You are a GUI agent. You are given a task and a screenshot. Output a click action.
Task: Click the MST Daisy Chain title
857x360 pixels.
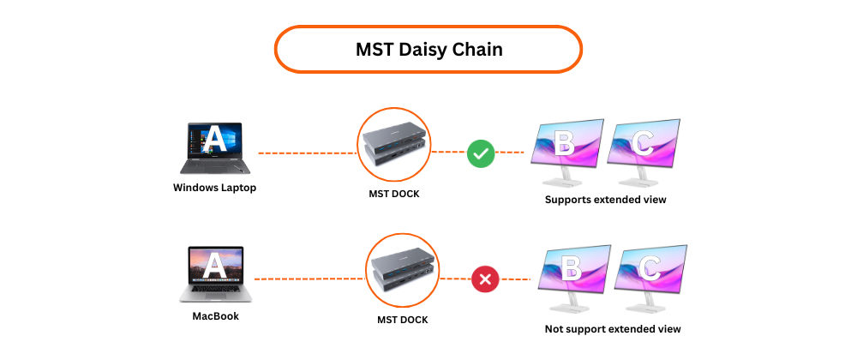pyautogui.click(x=428, y=50)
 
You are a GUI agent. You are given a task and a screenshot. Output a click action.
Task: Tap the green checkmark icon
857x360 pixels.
pyautogui.click(x=480, y=154)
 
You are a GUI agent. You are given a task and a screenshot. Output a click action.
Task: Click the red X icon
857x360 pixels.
pyautogui.click(x=486, y=279)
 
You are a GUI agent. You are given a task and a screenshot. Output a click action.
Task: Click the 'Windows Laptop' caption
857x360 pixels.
pyautogui.click(x=214, y=188)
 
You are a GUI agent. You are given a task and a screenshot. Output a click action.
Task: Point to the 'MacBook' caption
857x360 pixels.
pyautogui.click(x=215, y=315)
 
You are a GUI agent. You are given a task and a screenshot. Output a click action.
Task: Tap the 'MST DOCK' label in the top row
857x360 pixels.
pyautogui.click(x=394, y=194)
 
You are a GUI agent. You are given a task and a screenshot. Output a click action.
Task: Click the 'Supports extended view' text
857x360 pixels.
pyautogui.click(x=605, y=200)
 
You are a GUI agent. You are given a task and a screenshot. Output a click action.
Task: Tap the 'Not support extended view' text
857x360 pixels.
pyautogui.click(x=613, y=328)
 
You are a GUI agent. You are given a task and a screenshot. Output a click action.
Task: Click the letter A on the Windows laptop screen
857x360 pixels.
pyautogui.click(x=214, y=138)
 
